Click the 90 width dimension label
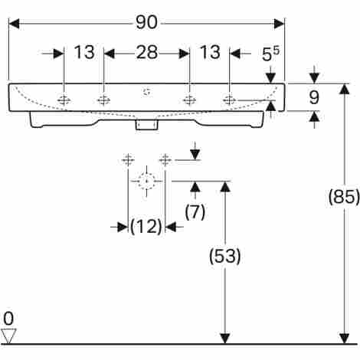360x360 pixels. click(x=146, y=22)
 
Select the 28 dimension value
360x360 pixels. click(x=147, y=52)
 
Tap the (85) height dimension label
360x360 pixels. click(x=344, y=197)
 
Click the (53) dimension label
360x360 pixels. click(x=224, y=256)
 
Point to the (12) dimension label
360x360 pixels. click(x=146, y=226)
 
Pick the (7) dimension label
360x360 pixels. click(x=195, y=211)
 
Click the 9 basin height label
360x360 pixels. click(x=314, y=97)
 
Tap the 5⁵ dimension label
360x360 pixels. click(x=270, y=54)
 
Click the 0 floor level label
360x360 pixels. click(x=8, y=319)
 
